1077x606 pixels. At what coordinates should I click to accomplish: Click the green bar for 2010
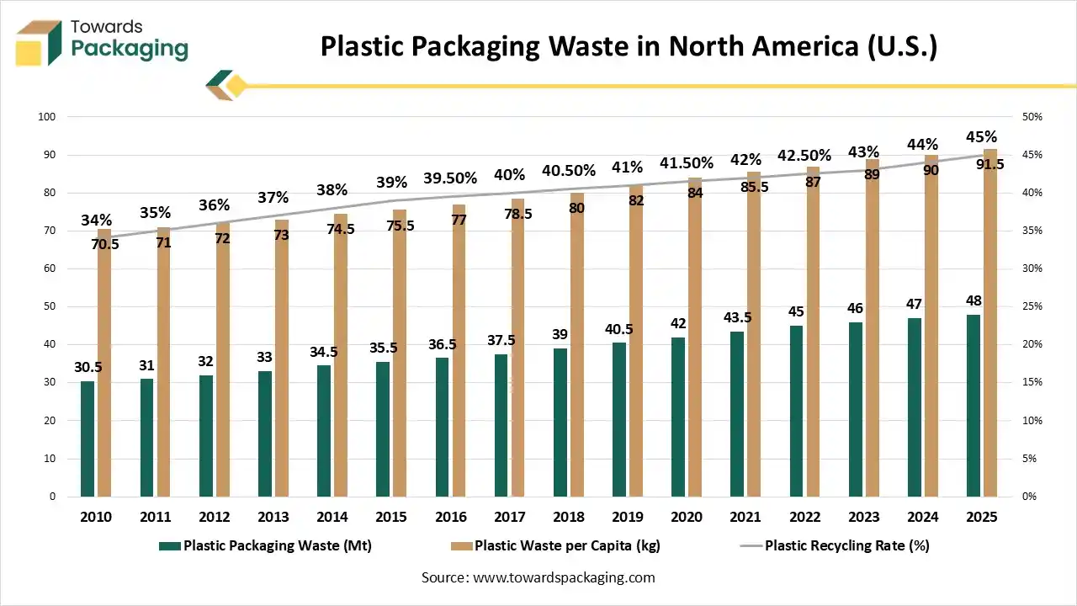coord(88,439)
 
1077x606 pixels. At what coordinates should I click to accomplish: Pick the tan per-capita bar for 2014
coord(341,354)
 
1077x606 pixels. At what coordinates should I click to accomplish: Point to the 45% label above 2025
coord(981,137)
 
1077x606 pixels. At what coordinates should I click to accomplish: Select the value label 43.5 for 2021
coord(737,317)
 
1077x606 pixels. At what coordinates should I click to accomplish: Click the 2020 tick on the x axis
coord(687,517)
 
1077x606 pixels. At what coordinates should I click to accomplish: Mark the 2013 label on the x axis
coord(273,517)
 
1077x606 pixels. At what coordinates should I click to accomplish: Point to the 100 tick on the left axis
coord(46,117)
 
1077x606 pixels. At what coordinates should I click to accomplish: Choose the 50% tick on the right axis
coord(1030,117)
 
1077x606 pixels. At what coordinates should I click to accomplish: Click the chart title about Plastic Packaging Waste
coord(629,46)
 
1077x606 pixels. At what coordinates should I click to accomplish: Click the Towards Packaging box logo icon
coord(39,43)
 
